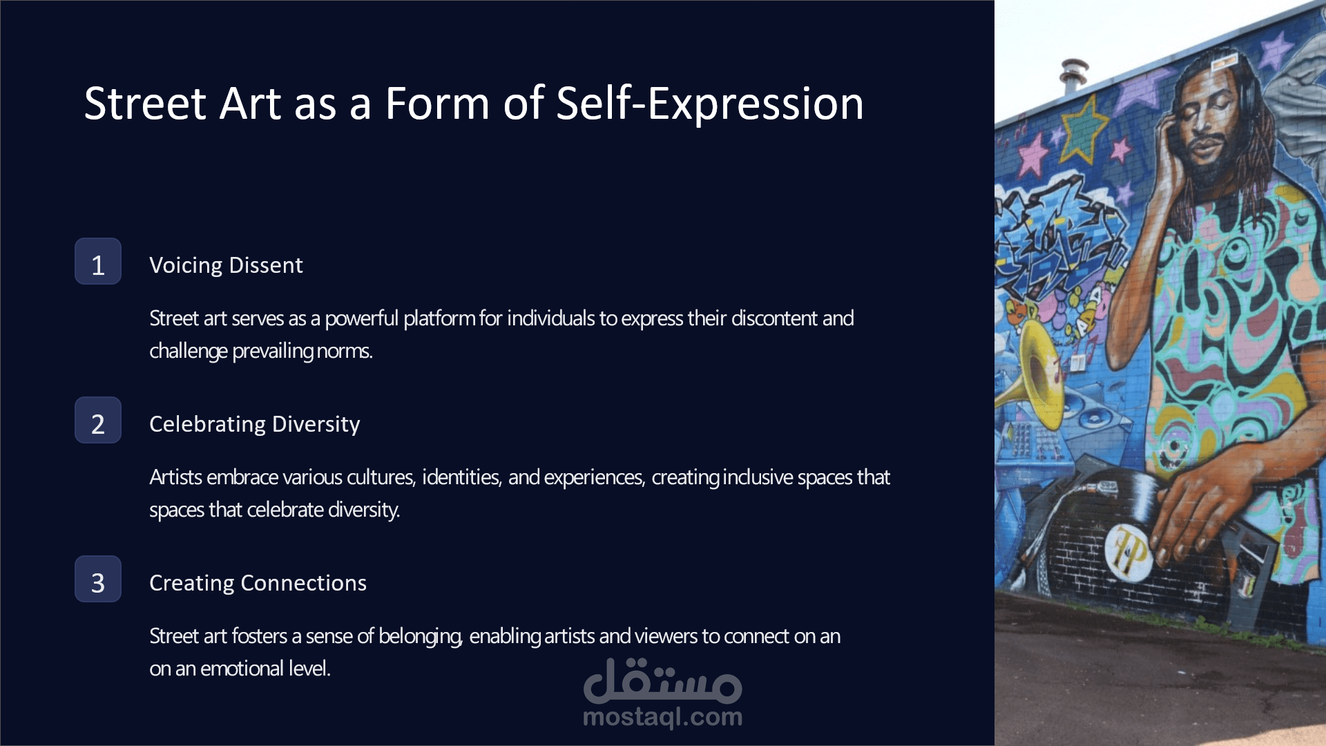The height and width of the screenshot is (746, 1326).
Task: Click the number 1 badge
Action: pyautogui.click(x=98, y=261)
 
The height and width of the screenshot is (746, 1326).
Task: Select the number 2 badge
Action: pyautogui.click(x=98, y=420)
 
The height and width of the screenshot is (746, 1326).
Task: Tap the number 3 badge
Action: pyautogui.click(x=98, y=579)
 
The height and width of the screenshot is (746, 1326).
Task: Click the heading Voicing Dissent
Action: pyautogui.click(x=226, y=265)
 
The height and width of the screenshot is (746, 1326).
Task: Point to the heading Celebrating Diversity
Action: pyautogui.click(x=255, y=424)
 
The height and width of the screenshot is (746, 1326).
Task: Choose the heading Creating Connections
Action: pyautogui.click(x=258, y=583)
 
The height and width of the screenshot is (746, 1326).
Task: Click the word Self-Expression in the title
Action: pyautogui.click(x=710, y=104)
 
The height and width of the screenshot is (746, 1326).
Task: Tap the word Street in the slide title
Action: pyautogui.click(x=145, y=104)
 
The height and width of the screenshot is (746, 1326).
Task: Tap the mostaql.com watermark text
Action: pyautogui.click(x=663, y=717)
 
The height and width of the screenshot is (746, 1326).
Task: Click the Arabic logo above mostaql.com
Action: pyautogui.click(x=663, y=680)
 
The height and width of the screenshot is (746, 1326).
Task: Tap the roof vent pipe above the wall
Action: pyautogui.click(x=1073, y=75)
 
